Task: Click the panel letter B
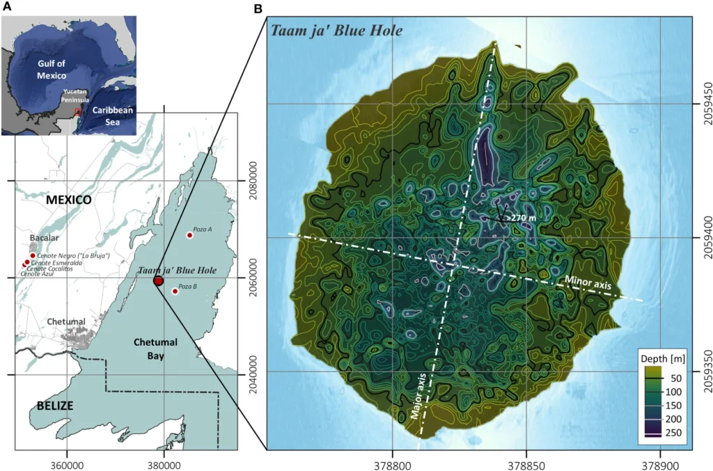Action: click(258, 8)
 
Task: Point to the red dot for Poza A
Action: click(189, 235)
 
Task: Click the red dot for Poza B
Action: click(175, 292)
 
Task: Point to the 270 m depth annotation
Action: click(526, 218)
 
